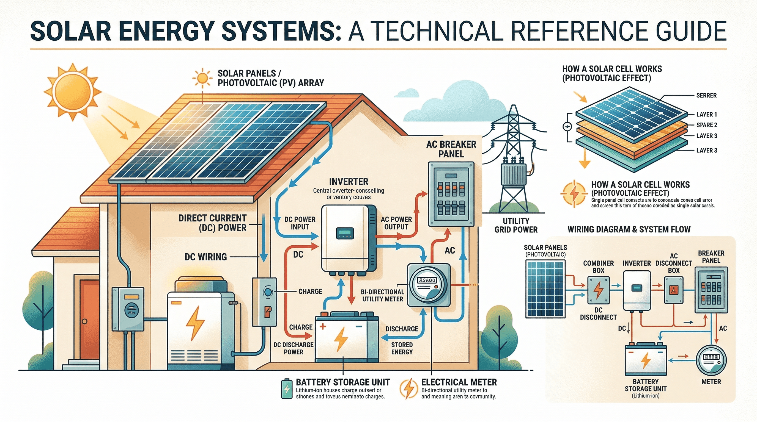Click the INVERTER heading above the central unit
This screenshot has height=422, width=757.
349,181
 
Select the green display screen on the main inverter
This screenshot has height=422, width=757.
344,233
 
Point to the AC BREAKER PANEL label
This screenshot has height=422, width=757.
451,149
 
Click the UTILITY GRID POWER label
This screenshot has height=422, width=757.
516,225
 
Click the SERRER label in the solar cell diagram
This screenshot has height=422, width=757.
706,95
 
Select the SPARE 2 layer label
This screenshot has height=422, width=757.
706,125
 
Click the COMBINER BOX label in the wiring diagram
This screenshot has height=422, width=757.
598,267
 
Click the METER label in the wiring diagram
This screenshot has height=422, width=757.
711,382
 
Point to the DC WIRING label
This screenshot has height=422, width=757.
206,257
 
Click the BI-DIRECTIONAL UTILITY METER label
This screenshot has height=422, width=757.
382,296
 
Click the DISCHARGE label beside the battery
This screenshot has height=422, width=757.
402,329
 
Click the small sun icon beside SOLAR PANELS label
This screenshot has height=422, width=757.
202,78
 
